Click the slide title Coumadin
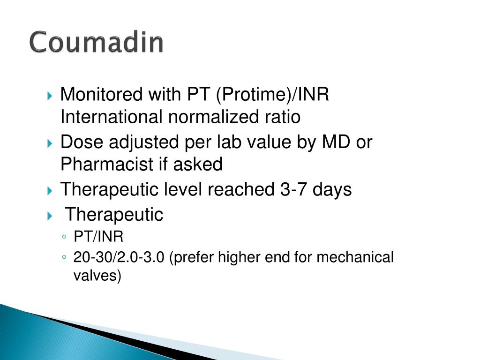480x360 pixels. click(97, 42)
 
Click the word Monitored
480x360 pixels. click(101, 94)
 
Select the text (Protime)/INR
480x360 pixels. click(272, 94)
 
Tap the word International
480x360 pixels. click(112, 117)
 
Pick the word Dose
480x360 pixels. click(82, 142)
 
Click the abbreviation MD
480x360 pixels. click(336, 142)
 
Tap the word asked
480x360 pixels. click(198, 164)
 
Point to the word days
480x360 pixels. click(332, 190)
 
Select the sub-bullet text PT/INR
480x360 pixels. click(98, 236)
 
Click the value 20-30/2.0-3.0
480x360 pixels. click(119, 257)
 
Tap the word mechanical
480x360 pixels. click(355, 257)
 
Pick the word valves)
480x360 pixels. click(97, 276)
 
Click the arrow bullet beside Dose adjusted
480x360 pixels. click(50, 143)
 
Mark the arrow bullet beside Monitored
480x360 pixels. click(50, 96)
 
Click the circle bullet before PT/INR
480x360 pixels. click(64, 237)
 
